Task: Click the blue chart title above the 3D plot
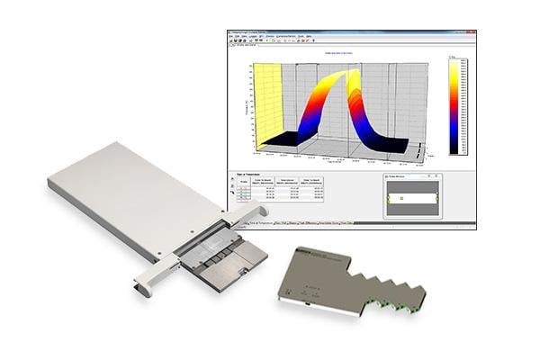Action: click(336, 52)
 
